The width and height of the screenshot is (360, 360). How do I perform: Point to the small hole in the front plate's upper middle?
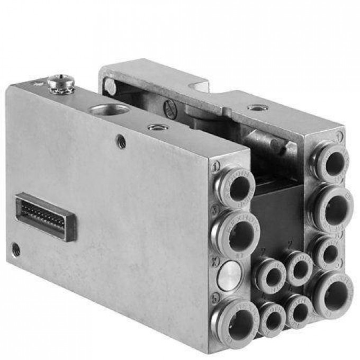click(122, 142)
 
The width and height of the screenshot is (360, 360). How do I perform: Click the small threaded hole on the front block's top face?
click(158, 127)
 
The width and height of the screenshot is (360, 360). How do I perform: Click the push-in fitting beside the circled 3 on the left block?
click(236, 231)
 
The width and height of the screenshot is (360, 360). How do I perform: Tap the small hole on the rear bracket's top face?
click(257, 107)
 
